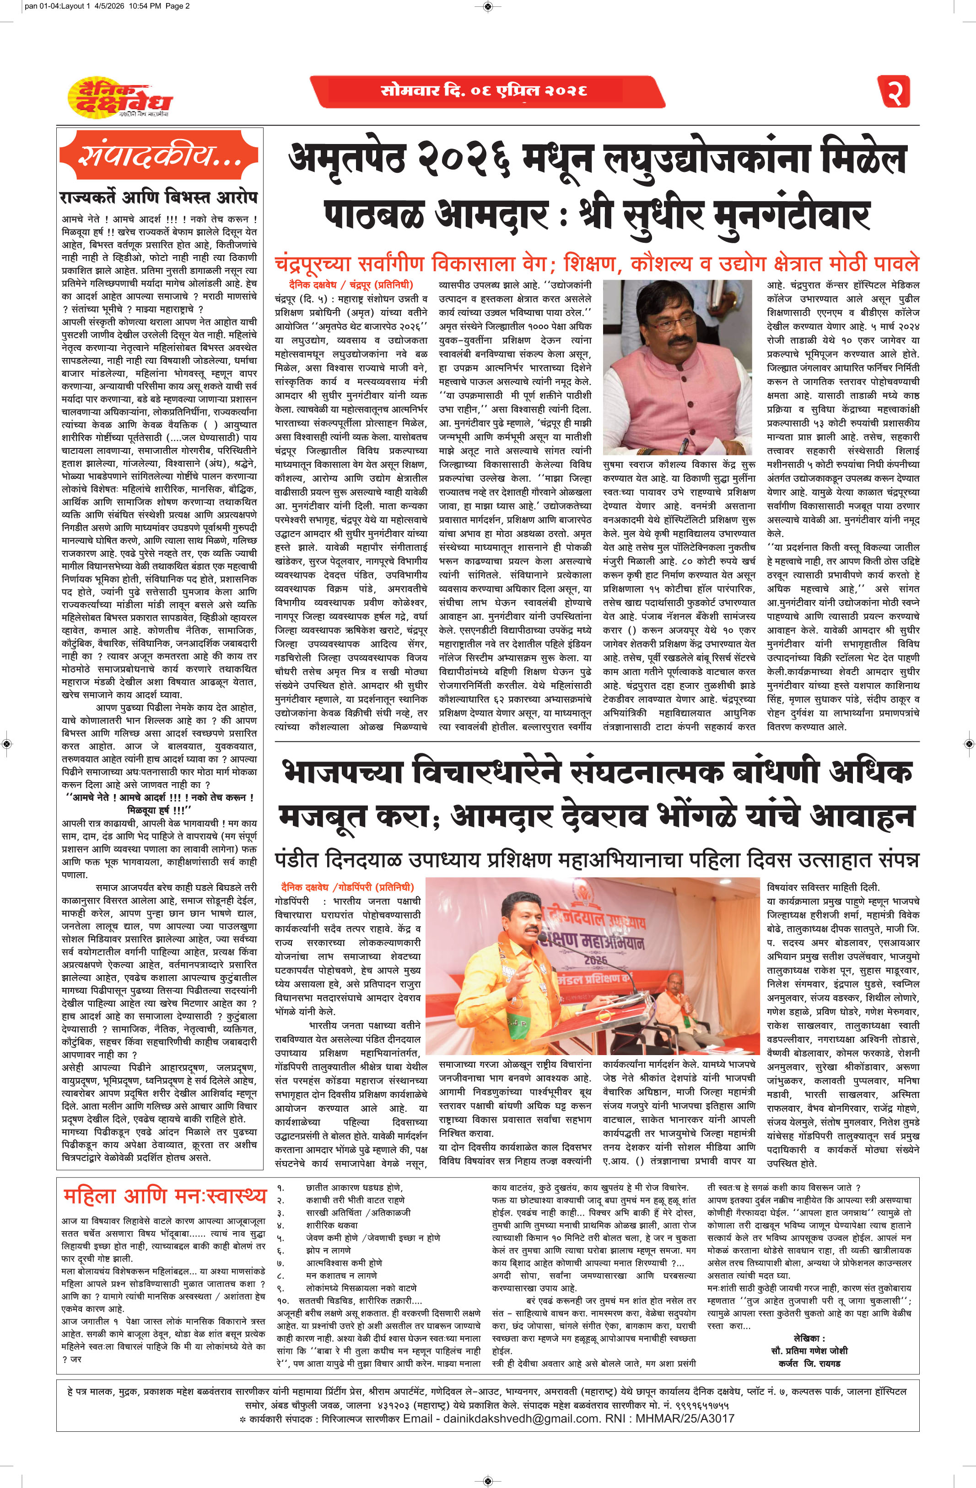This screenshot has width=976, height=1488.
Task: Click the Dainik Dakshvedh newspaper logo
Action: point(119,97)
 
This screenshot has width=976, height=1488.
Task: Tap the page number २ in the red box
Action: point(894,91)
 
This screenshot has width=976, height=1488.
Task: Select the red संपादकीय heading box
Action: point(160,156)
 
